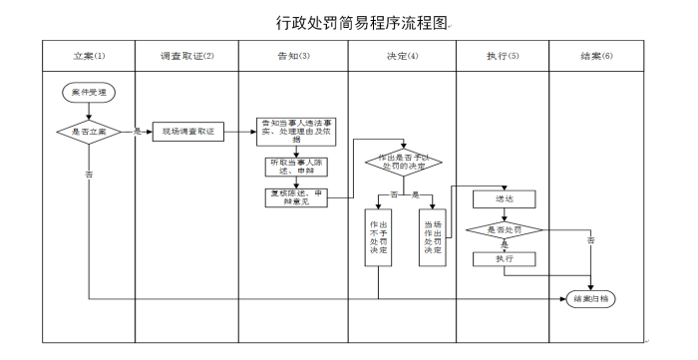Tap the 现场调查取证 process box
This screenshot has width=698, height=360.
coord(185,131)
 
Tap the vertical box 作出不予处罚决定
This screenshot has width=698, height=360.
coord(378,236)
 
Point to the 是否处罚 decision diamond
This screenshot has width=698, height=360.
coord(504,231)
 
